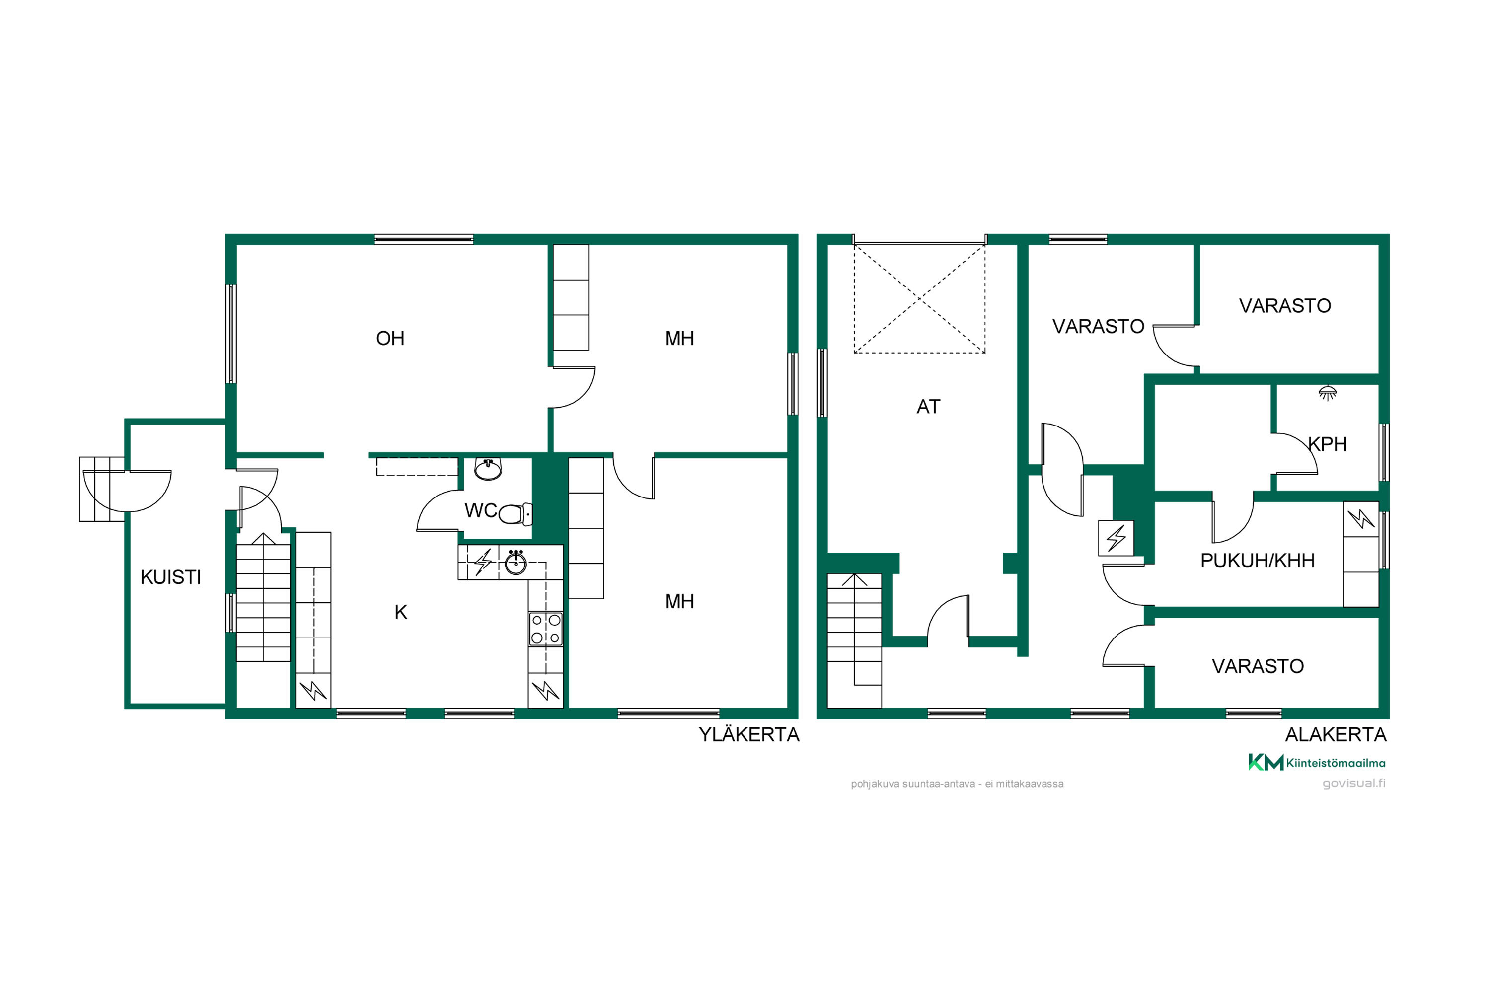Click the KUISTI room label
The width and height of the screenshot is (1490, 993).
tap(170, 577)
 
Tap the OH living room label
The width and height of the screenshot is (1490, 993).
tap(390, 338)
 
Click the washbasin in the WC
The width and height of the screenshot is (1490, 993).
tap(488, 469)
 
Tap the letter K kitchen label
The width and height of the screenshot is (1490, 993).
tap(400, 612)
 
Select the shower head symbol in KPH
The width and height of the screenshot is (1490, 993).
tap(1327, 393)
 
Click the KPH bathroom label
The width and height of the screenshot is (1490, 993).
tap(1327, 444)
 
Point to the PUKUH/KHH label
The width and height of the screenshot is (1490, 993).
tap(1258, 561)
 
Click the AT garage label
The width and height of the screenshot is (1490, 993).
tap(928, 407)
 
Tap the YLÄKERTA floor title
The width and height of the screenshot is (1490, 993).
tap(749, 735)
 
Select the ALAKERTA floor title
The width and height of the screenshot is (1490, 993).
tap(1336, 735)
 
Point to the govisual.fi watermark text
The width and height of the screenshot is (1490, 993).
tap(1353, 783)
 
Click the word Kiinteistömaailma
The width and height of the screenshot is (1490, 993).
tap(1336, 763)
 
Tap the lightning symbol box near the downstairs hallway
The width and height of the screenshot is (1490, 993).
tap(1116, 538)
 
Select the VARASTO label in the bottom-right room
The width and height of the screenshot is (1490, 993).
tap(1258, 666)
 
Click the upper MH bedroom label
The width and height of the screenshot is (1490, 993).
tap(679, 338)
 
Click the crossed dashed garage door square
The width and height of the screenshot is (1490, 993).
tap(919, 298)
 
